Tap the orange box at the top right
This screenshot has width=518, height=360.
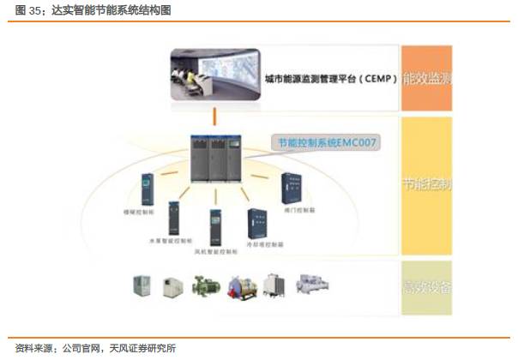(x=427, y=80)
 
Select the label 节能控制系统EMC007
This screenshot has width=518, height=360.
(x=327, y=143)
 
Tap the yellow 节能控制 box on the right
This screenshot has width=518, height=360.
(x=427, y=183)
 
